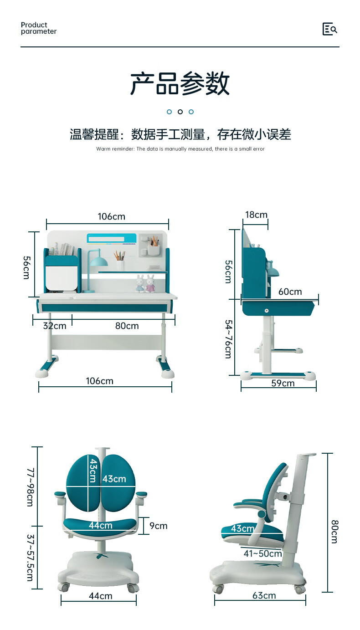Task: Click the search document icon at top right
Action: pyautogui.click(x=329, y=29)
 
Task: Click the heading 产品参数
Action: pyautogui.click(x=180, y=83)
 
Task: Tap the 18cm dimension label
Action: pyautogui.click(x=256, y=215)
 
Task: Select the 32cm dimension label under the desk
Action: pyautogui.click(x=54, y=326)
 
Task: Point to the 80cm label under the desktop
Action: pyautogui.click(x=127, y=326)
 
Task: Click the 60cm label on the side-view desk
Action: pyautogui.click(x=290, y=292)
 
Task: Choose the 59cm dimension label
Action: pyautogui.click(x=283, y=384)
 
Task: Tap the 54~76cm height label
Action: pyautogui.click(x=228, y=339)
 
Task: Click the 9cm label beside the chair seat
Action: pyautogui.click(x=158, y=526)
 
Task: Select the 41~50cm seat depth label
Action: pyautogui.click(x=262, y=554)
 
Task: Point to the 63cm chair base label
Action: pyautogui.click(x=264, y=596)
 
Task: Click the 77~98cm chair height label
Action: pyautogui.click(x=30, y=487)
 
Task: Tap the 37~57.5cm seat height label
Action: pyautogui.click(x=30, y=558)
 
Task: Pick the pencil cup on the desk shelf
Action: pyautogui.click(x=120, y=264)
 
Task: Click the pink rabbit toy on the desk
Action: pyautogui.click(x=150, y=284)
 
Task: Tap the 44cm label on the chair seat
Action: pyautogui.click(x=100, y=526)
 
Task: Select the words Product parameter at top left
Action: pyautogui.click(x=39, y=28)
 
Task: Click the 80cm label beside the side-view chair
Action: pyautogui.click(x=334, y=531)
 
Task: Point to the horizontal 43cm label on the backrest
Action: pyautogui.click(x=114, y=479)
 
